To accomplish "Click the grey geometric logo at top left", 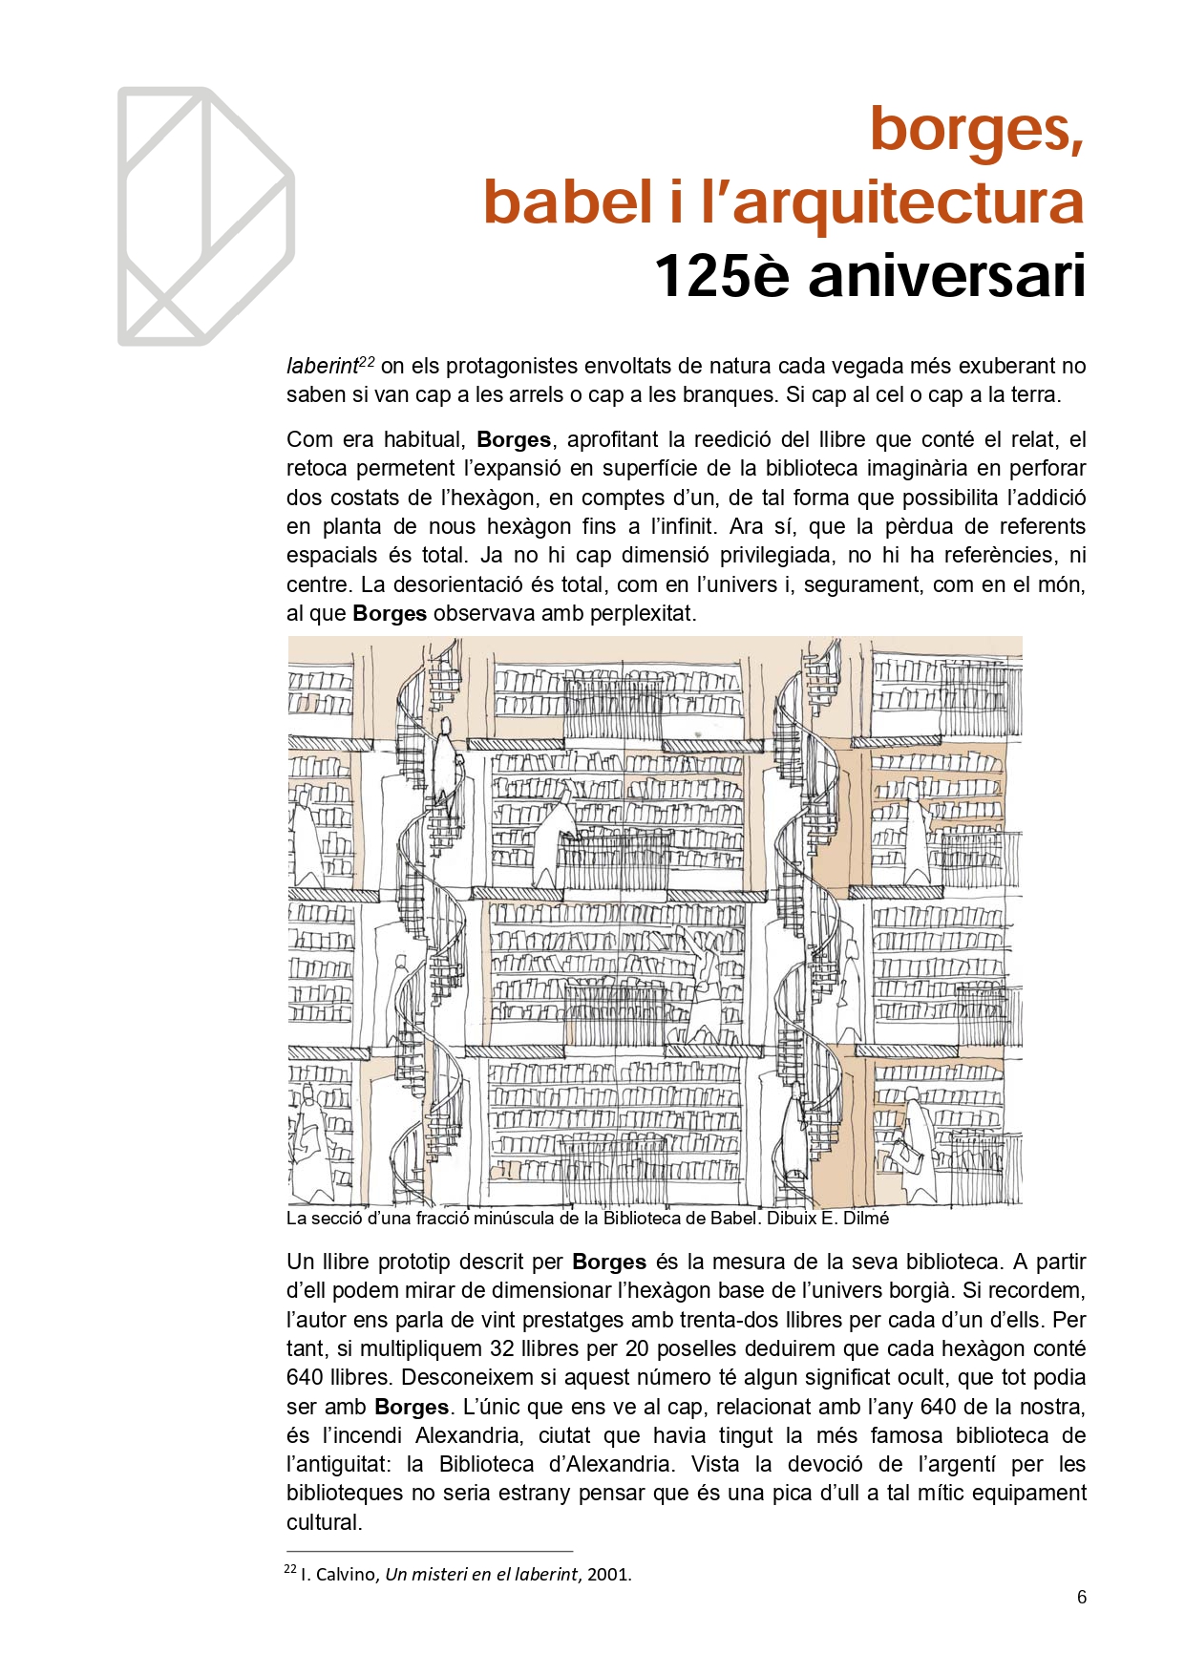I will (205, 216).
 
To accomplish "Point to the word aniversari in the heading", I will (946, 276).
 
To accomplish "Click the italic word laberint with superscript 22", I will (322, 366).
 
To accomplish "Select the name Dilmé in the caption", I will (865, 1219).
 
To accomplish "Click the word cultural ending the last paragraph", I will (324, 1522).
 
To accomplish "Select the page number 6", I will (1081, 1597).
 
